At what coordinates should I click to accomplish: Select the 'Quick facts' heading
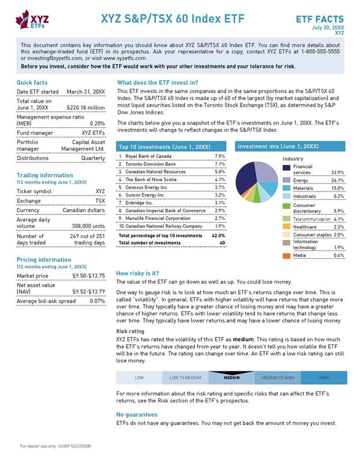point(32,82)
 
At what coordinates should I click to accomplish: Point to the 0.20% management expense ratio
point(97,123)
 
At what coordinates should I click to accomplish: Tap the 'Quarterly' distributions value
point(93,157)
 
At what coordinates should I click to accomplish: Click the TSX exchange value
point(100,201)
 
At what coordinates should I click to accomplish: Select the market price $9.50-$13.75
point(89,276)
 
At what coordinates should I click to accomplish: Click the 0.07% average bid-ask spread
point(97,301)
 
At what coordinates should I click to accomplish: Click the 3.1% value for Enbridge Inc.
point(219,203)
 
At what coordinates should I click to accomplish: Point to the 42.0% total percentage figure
point(218,235)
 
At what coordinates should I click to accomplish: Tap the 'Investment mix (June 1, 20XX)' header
point(279,147)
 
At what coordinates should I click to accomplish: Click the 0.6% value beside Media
point(339,255)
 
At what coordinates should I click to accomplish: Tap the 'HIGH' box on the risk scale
point(324,378)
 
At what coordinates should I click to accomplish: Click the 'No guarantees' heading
point(137,415)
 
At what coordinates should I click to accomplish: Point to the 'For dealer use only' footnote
point(55,446)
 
